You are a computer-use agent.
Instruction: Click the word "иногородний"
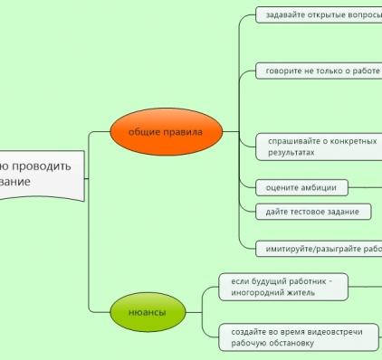[263, 293]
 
